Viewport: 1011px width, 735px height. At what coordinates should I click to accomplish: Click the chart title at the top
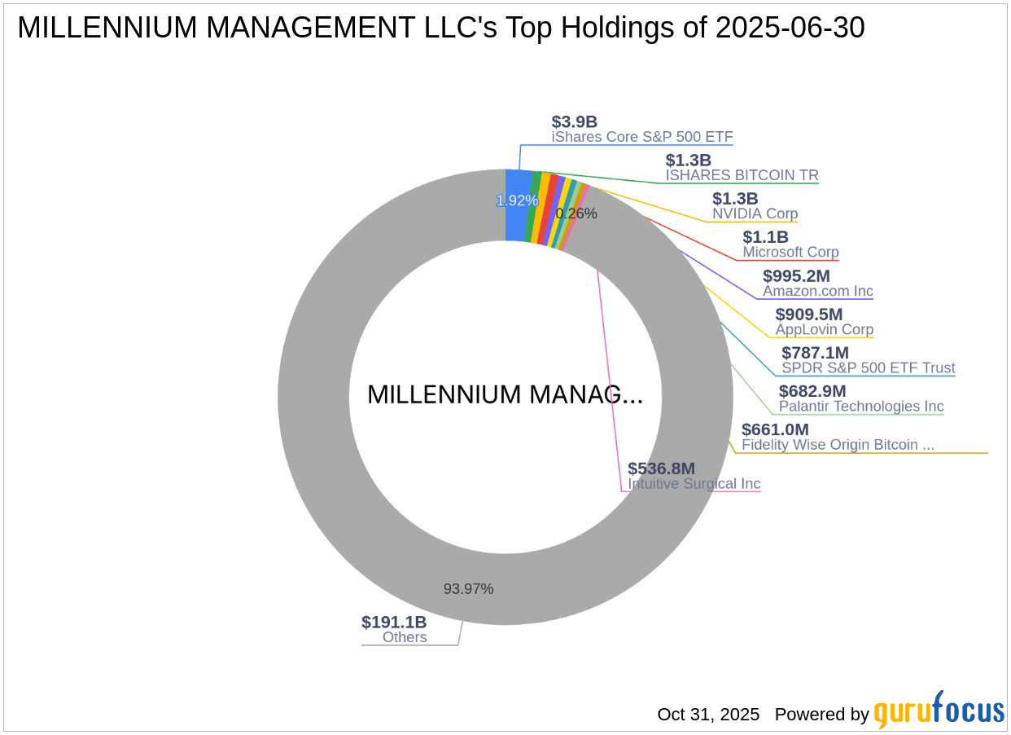pyautogui.click(x=440, y=29)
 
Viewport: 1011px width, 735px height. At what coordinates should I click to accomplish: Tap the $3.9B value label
pyautogui.click(x=574, y=122)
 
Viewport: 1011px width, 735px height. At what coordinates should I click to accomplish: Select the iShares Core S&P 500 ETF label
pyautogui.click(x=642, y=137)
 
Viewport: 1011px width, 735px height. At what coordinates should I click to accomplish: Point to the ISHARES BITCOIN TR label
pyautogui.click(x=742, y=175)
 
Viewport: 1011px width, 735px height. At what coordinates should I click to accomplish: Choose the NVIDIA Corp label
pyautogui.click(x=755, y=214)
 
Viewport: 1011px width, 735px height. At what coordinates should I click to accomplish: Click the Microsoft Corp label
pyautogui.click(x=790, y=253)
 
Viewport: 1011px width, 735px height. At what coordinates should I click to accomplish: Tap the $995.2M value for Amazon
pyautogui.click(x=796, y=276)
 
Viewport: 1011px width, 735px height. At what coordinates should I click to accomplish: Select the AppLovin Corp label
pyautogui.click(x=824, y=330)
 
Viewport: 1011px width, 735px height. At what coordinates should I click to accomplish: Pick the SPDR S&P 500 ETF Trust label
pyautogui.click(x=868, y=368)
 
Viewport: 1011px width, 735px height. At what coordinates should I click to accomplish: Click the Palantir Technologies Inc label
pyautogui.click(x=861, y=407)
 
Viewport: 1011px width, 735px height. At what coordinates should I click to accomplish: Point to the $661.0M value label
pyautogui.click(x=775, y=429)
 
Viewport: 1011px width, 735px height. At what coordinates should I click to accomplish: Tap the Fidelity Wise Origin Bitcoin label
pyautogui.click(x=838, y=445)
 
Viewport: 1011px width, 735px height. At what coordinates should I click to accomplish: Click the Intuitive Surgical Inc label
pyautogui.click(x=694, y=484)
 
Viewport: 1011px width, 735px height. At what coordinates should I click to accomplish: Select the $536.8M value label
pyautogui.click(x=661, y=469)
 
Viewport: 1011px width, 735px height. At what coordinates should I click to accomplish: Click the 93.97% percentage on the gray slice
pyautogui.click(x=468, y=588)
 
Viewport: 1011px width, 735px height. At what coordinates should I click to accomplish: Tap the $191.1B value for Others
pyautogui.click(x=394, y=623)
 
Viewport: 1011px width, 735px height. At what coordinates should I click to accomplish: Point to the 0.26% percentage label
pyautogui.click(x=576, y=214)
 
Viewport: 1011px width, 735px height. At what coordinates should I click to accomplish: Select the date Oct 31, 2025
pyautogui.click(x=708, y=715)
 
